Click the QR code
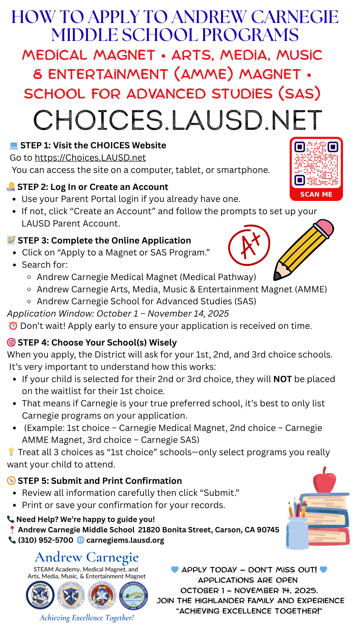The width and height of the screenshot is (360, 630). coord(316,164)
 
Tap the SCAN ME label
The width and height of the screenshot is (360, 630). coord(316,194)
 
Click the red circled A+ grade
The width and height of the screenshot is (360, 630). coord(249,245)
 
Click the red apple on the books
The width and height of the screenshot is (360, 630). coord(324,481)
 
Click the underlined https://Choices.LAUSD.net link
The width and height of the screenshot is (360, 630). coord(90,157)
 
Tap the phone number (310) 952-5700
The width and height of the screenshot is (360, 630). coord(45,540)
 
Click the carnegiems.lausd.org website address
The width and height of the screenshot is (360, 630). coord(125,540)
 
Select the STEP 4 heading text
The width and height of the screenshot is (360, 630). coord(97,342)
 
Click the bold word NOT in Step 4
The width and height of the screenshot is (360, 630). coord(282,379)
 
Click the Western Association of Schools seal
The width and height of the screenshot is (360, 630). coord(134,595)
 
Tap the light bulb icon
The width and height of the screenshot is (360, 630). coord(11,452)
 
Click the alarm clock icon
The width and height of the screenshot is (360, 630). coord(13,326)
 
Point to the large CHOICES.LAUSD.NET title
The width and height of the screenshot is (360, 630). coord(178,120)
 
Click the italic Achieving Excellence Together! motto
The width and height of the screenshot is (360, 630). coord(87,618)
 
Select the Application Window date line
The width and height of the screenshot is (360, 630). coord(118,314)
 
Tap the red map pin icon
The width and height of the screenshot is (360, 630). coord(12,530)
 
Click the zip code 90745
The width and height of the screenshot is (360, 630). coord(268,530)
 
